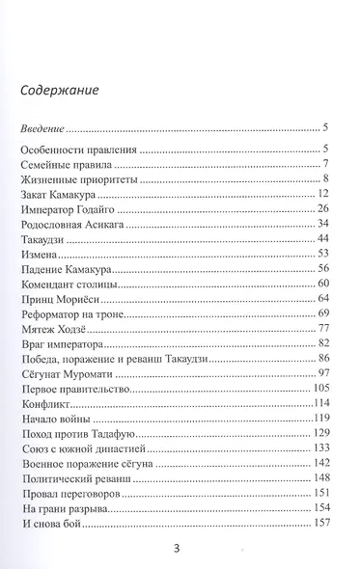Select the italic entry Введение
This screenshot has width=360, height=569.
[42, 127]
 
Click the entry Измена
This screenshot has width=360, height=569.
[39, 254]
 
